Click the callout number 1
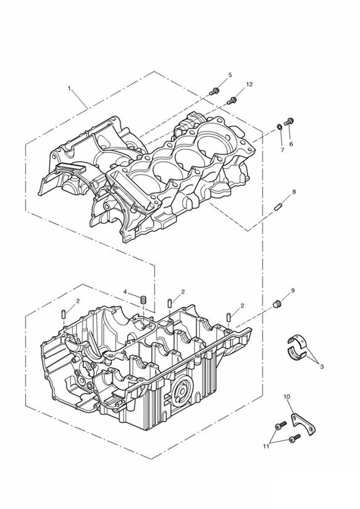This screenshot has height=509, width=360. pos(69,88)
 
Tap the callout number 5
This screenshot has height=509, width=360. pos(230,75)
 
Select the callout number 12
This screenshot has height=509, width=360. pos(249,85)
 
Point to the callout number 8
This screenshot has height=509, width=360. pos(294,192)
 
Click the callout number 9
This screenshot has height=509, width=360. pos(293,290)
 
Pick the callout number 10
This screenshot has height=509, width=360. pos(287,397)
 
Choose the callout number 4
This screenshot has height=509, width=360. pos(125,292)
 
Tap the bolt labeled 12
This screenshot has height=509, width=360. pos(232,101)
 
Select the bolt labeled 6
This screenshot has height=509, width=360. pos(289,122)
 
